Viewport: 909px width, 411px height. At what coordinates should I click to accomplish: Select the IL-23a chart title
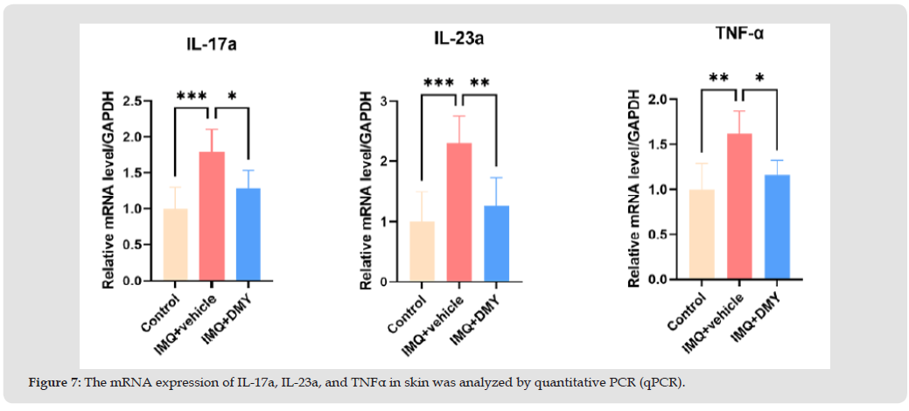(x=458, y=38)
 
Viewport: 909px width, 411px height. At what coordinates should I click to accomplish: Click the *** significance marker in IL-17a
(x=192, y=95)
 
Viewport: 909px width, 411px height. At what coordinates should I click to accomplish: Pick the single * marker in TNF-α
(x=758, y=78)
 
